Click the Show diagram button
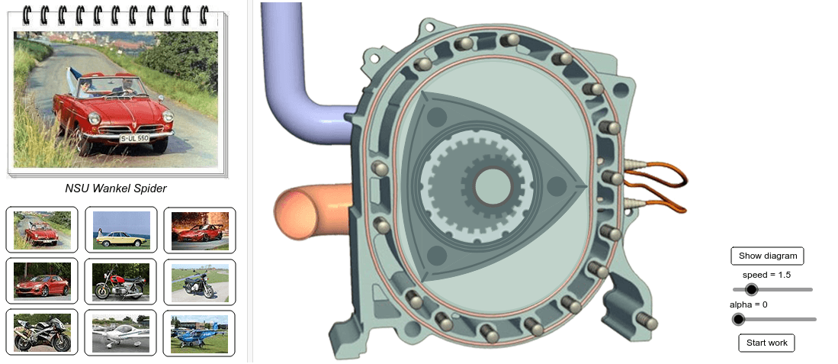767,256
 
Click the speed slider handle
751,289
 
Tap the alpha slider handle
738,319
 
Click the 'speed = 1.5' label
766,275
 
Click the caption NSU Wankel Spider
115,188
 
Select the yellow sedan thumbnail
120,230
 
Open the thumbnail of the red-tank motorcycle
120,282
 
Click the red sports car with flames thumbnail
199,230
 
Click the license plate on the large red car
133,137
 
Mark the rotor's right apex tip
583,184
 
